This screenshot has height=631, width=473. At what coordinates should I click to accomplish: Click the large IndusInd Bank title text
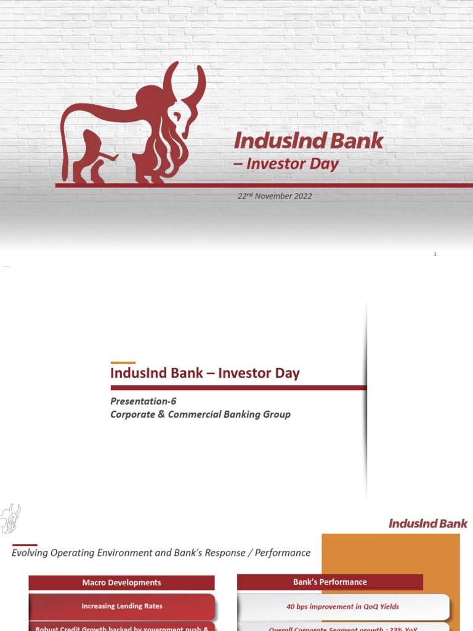pyautogui.click(x=309, y=141)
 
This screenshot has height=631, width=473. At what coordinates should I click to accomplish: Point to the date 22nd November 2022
pyautogui.click(x=275, y=196)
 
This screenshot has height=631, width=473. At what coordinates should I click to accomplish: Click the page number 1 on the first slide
pyautogui.click(x=435, y=253)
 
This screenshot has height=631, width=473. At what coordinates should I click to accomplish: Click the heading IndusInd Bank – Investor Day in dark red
pyautogui.click(x=205, y=373)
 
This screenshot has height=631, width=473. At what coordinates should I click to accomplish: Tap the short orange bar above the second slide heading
pyautogui.click(x=123, y=363)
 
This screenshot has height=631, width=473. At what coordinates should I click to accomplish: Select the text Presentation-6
pyautogui.click(x=144, y=401)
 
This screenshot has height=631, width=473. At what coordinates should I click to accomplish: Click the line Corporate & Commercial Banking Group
pyautogui.click(x=200, y=414)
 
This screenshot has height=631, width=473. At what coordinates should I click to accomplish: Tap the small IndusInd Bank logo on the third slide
pyautogui.click(x=428, y=524)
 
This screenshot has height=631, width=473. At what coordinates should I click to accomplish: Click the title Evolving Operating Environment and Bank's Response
pyautogui.click(x=161, y=553)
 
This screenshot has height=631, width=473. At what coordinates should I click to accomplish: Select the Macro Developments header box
pyautogui.click(x=122, y=582)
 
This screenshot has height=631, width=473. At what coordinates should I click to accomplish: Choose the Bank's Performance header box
pyautogui.click(x=330, y=582)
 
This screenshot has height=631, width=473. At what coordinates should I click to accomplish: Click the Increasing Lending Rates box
pyautogui.click(x=122, y=606)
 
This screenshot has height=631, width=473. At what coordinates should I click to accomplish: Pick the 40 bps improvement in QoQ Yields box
pyautogui.click(x=342, y=606)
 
